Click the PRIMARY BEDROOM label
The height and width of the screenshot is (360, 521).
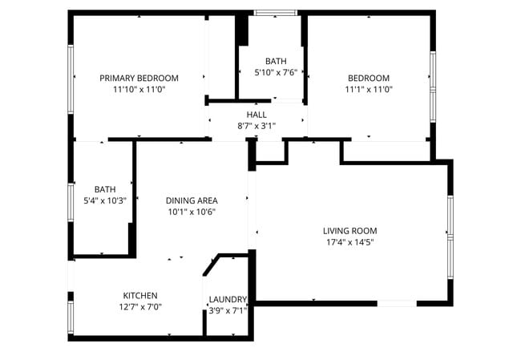[x=139, y=78]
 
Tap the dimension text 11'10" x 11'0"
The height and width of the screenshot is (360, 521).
[x=139, y=90]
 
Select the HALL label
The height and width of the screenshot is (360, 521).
[x=256, y=115]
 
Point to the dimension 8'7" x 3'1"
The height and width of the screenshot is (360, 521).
[x=256, y=126]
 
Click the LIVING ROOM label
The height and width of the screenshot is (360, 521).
[x=349, y=230]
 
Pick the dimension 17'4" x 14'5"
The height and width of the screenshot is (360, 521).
[x=349, y=241]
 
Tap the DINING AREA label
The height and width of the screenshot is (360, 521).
[x=192, y=200]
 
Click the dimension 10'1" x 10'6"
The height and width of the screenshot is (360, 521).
[x=192, y=212]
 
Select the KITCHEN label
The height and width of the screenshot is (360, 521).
[x=139, y=295]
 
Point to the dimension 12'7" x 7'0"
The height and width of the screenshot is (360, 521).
[x=139, y=306]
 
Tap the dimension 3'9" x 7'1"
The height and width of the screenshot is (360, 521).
[x=228, y=310]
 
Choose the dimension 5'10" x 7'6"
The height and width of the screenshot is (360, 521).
[x=276, y=72]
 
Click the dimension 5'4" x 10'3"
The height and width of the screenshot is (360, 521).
[x=105, y=201]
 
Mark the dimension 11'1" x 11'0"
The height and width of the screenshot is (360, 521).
[x=368, y=90]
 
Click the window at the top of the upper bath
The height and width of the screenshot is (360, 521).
[x=276, y=12]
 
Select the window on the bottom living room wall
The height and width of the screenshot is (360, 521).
[x=396, y=303]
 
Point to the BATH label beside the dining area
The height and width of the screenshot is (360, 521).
[x=105, y=189]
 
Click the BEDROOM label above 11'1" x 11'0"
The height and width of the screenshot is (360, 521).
[x=368, y=78]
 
